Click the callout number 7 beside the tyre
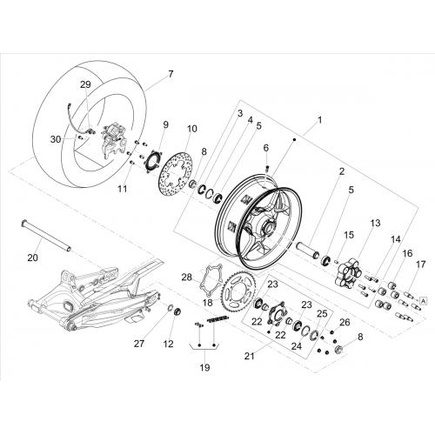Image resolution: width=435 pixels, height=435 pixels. (x=171, y=74)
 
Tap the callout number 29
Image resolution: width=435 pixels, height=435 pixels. (x=85, y=84)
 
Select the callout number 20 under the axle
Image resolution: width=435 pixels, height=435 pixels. (x=33, y=258)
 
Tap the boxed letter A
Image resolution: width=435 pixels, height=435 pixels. (x=424, y=301)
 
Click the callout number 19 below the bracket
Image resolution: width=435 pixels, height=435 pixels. (x=204, y=367)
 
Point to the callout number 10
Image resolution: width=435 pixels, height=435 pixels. (x=191, y=129)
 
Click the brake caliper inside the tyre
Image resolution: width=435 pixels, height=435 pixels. (x=114, y=143)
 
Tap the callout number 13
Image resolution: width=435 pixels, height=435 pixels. (x=375, y=224)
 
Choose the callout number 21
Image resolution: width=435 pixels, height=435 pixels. (x=249, y=356)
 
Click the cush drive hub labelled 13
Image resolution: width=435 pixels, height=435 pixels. (x=348, y=272)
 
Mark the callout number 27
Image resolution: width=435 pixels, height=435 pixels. (x=139, y=344)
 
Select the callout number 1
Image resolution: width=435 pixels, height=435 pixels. (x=320, y=120)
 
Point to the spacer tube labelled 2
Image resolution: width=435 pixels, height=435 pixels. (x=307, y=251)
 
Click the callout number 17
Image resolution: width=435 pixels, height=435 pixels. (x=420, y=264)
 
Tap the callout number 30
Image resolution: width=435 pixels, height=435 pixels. (x=56, y=139)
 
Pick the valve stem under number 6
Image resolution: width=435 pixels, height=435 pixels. (x=268, y=169)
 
